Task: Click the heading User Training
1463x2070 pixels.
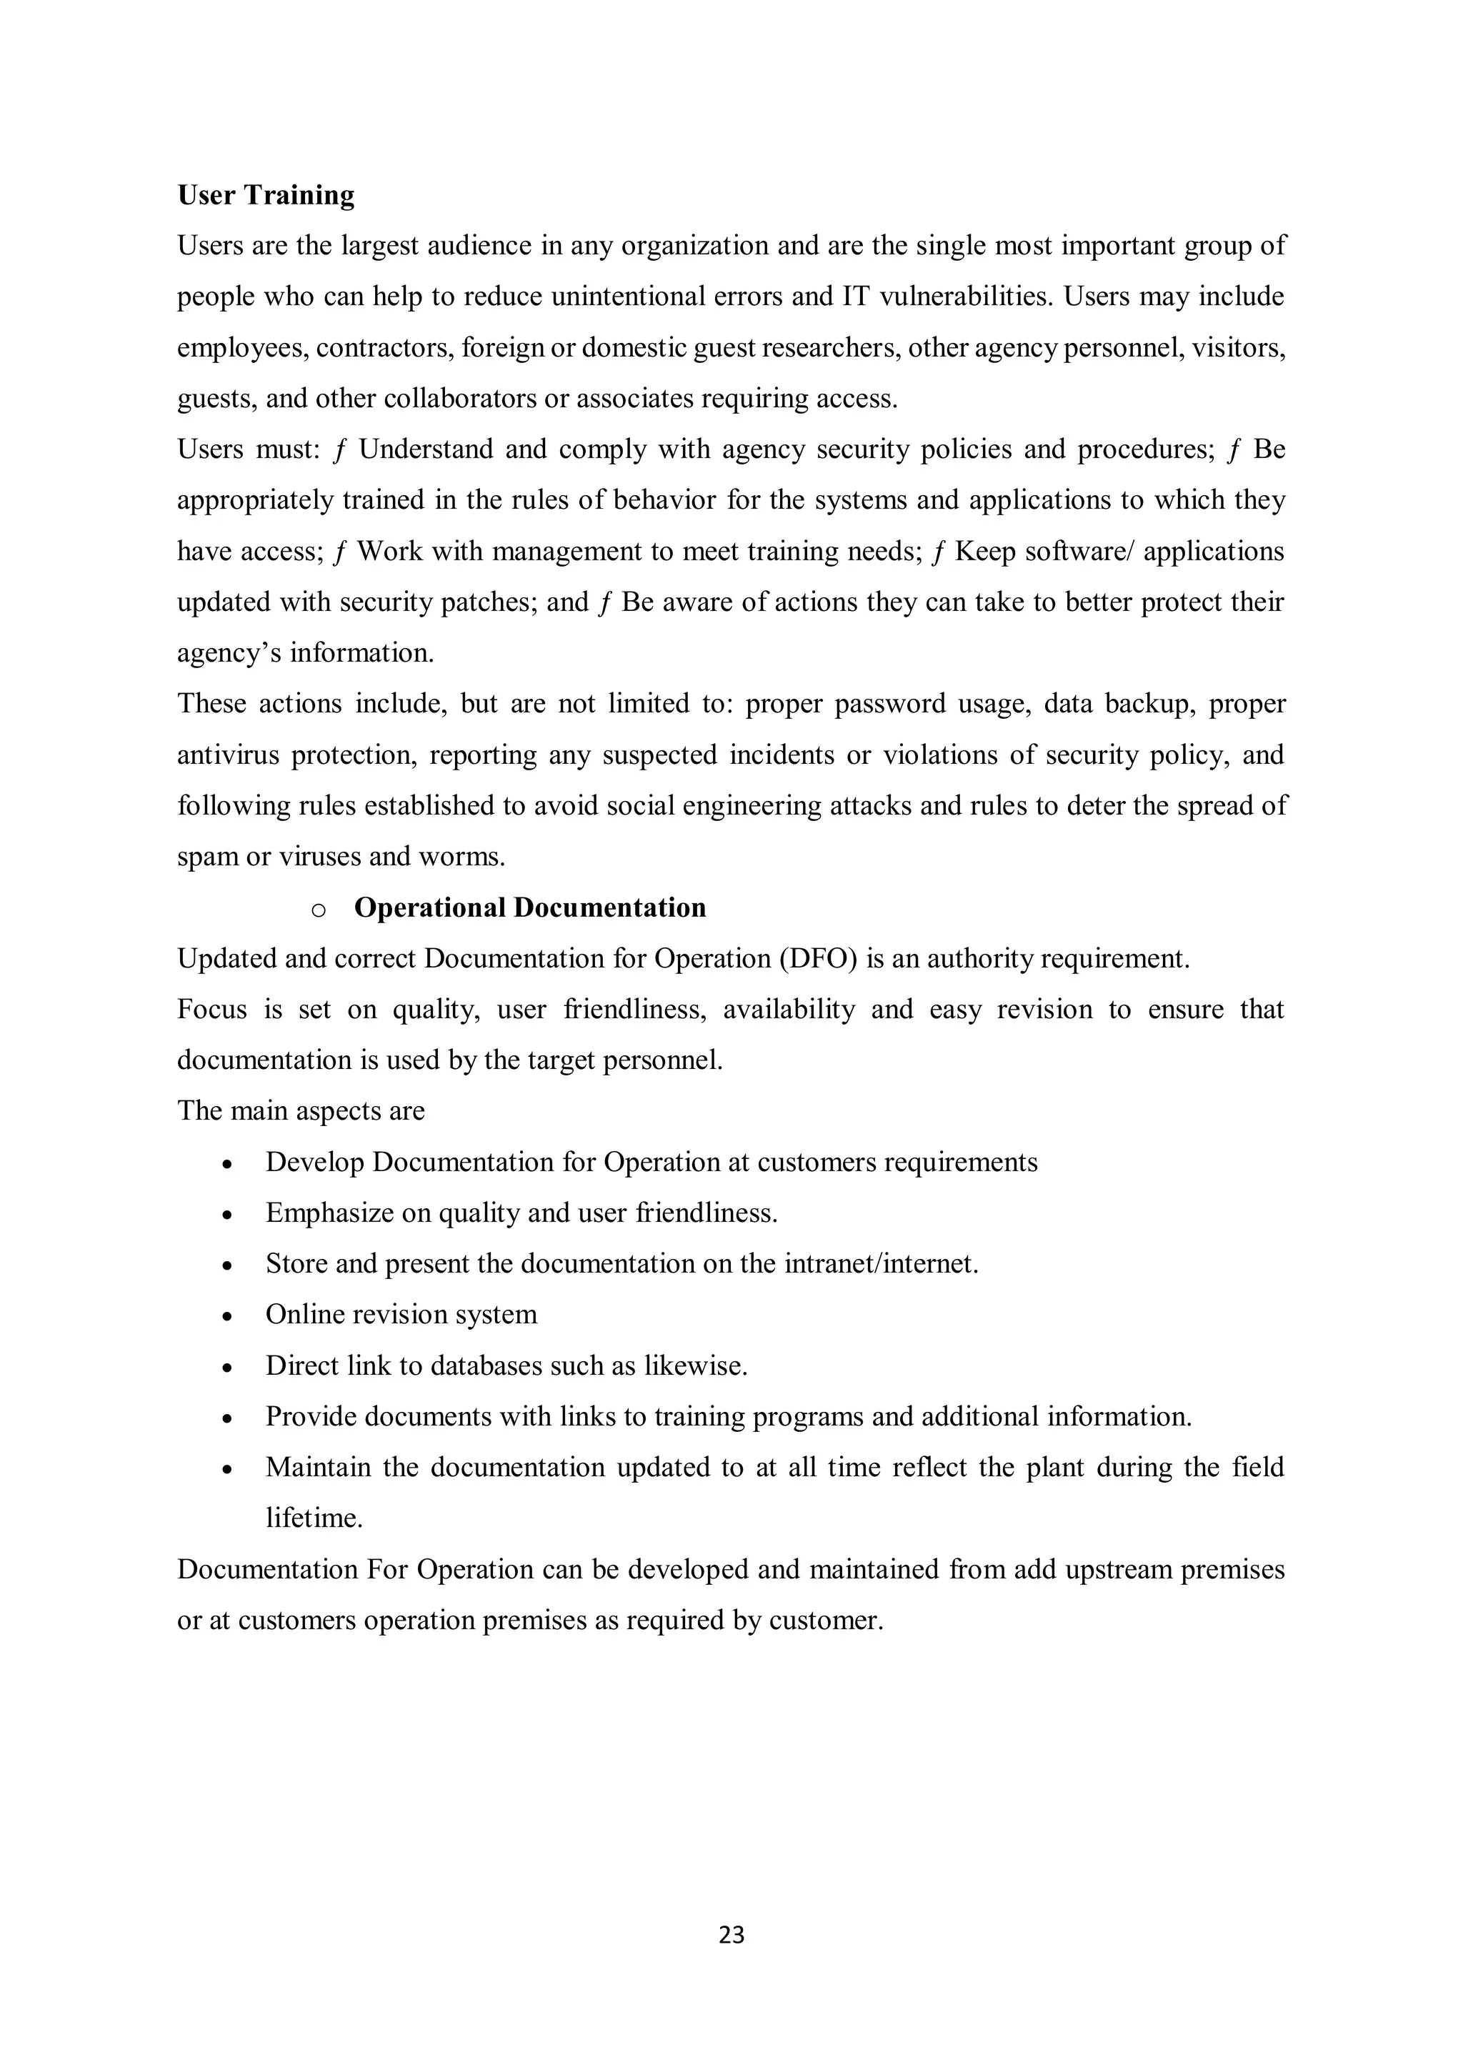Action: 266,195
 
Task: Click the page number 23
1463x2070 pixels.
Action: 731,1935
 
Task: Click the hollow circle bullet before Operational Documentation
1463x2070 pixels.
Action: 318,910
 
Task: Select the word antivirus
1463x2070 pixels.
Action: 228,754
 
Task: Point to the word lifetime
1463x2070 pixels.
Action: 314,1518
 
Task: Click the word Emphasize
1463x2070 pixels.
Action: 330,1213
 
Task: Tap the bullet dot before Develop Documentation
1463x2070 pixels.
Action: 228,1165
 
